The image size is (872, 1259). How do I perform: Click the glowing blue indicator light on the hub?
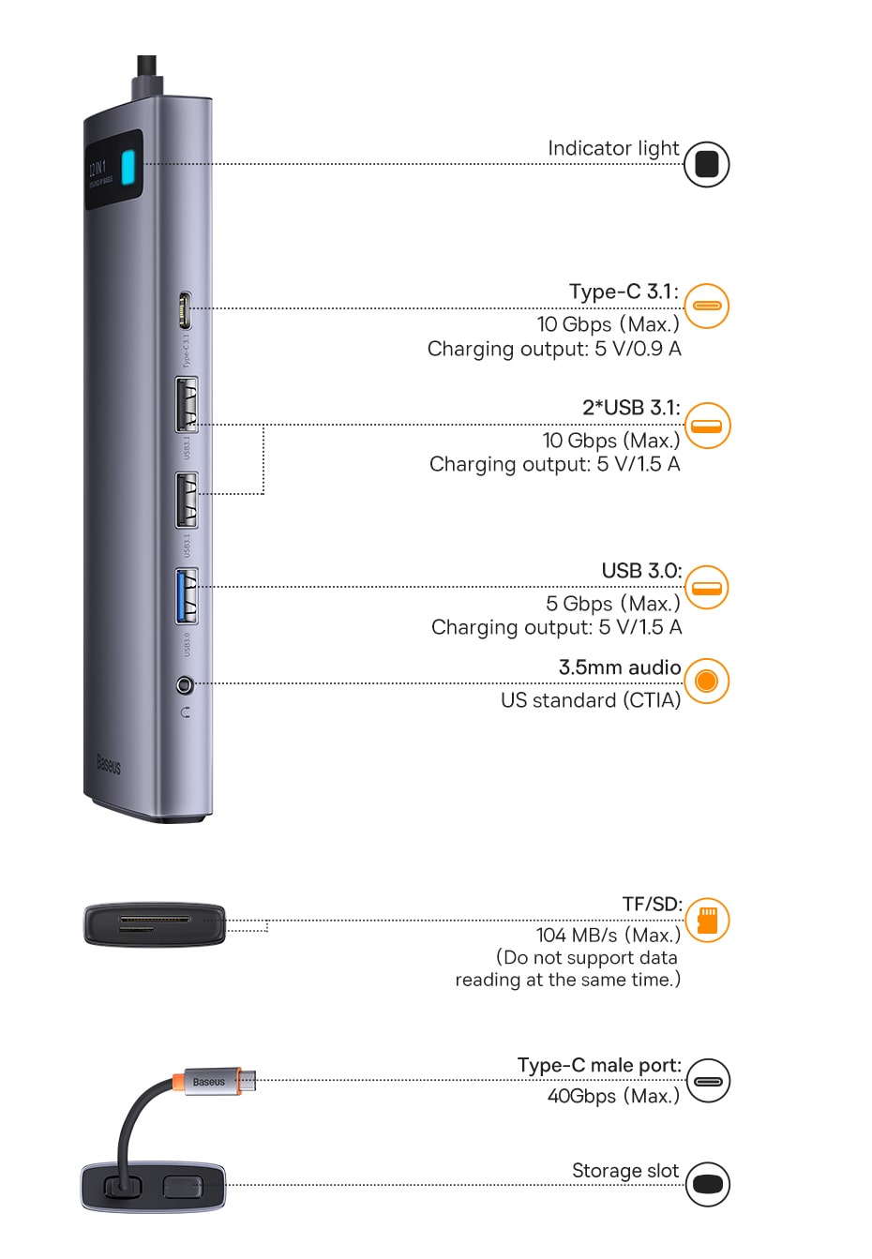coord(129,170)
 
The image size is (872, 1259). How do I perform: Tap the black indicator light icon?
coord(706,164)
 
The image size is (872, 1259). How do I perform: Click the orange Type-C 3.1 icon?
coord(706,306)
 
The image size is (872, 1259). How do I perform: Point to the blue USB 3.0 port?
coord(187,596)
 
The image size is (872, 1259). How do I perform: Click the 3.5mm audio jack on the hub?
coord(185,685)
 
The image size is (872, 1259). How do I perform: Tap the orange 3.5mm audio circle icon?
coord(706,681)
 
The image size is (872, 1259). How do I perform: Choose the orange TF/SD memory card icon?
coord(707,920)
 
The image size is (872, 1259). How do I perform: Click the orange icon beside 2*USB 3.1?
coord(707,426)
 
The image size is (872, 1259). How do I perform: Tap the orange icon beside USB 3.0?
coord(707,588)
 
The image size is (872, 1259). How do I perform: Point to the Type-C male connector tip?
coord(248,1080)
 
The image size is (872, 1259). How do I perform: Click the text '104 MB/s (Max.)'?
coord(608,935)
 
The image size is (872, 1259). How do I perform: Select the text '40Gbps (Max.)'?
coord(613,1096)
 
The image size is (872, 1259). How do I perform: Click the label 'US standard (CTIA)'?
coord(591,700)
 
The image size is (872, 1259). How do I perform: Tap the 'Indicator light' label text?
coord(613,148)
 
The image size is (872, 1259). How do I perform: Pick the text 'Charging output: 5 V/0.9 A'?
coord(554,349)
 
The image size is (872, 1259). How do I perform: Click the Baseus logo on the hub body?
coord(109,765)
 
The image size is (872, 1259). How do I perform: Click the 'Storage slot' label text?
coord(624,1171)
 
